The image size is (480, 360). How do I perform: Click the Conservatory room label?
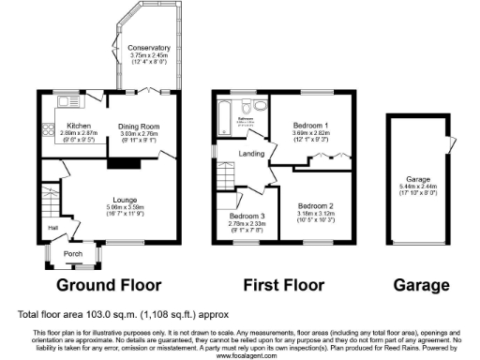pos(150,48)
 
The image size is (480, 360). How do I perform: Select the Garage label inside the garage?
pos(418,178)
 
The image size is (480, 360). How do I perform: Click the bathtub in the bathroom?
pos(225,116)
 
